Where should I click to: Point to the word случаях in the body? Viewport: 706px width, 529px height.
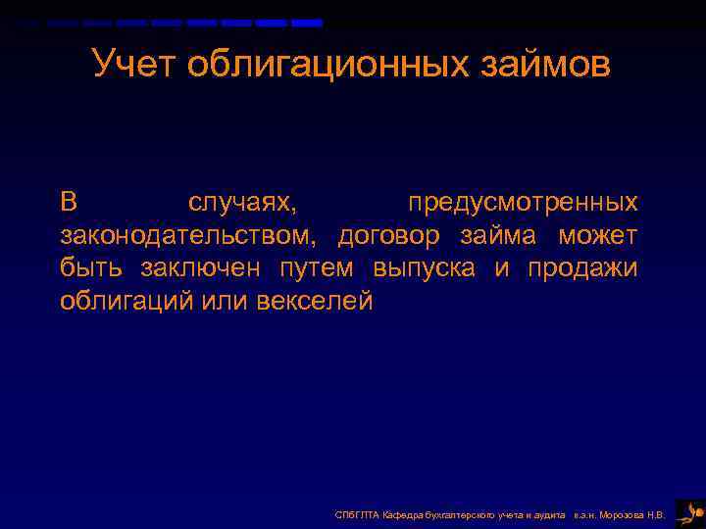click(x=246, y=203)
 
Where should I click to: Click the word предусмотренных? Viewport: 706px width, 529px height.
click(x=523, y=203)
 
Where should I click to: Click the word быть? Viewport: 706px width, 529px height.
click(x=93, y=268)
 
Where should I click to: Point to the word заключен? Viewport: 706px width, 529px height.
click(x=203, y=268)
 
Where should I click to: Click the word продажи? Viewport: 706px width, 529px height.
click(x=582, y=268)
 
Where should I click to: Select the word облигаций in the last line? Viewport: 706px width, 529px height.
click(x=126, y=301)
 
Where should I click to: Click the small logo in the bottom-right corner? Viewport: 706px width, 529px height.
click(x=689, y=511)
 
